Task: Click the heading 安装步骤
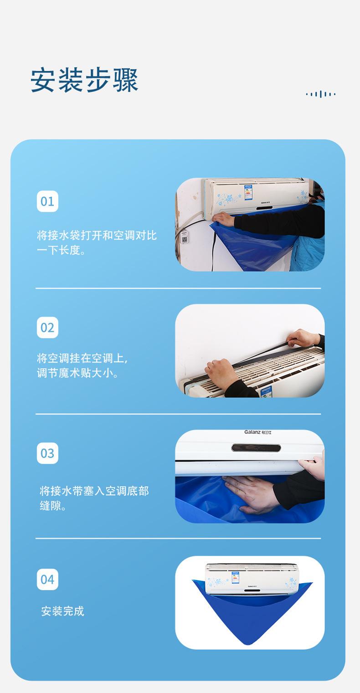[84, 80]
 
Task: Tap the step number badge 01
[47, 201]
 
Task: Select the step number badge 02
[47, 328]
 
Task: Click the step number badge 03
[47, 453]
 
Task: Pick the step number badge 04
[47, 579]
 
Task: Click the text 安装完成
[62, 611]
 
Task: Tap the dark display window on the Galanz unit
[256, 448]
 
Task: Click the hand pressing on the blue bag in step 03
[253, 493]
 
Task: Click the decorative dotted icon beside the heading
[321, 94]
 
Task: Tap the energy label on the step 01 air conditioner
[248, 192]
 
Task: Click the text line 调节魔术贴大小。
[77, 374]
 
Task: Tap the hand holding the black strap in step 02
[303, 338]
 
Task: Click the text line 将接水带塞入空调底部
[94, 491]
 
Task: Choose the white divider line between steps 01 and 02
[178, 288]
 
